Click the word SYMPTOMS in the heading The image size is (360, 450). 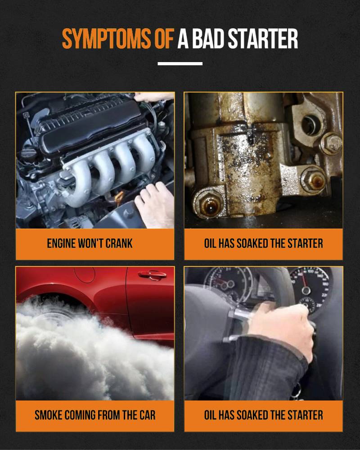(106, 38)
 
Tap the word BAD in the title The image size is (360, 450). (208, 38)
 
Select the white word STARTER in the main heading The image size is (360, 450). (263, 38)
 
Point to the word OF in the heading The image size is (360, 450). (164, 38)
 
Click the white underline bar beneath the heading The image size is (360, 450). (180, 64)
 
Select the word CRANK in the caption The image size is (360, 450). (119, 243)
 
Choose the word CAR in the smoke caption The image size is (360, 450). (148, 415)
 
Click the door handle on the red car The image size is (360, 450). (152, 275)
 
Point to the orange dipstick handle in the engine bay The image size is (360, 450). (119, 197)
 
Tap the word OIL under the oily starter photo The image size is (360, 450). (210, 243)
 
